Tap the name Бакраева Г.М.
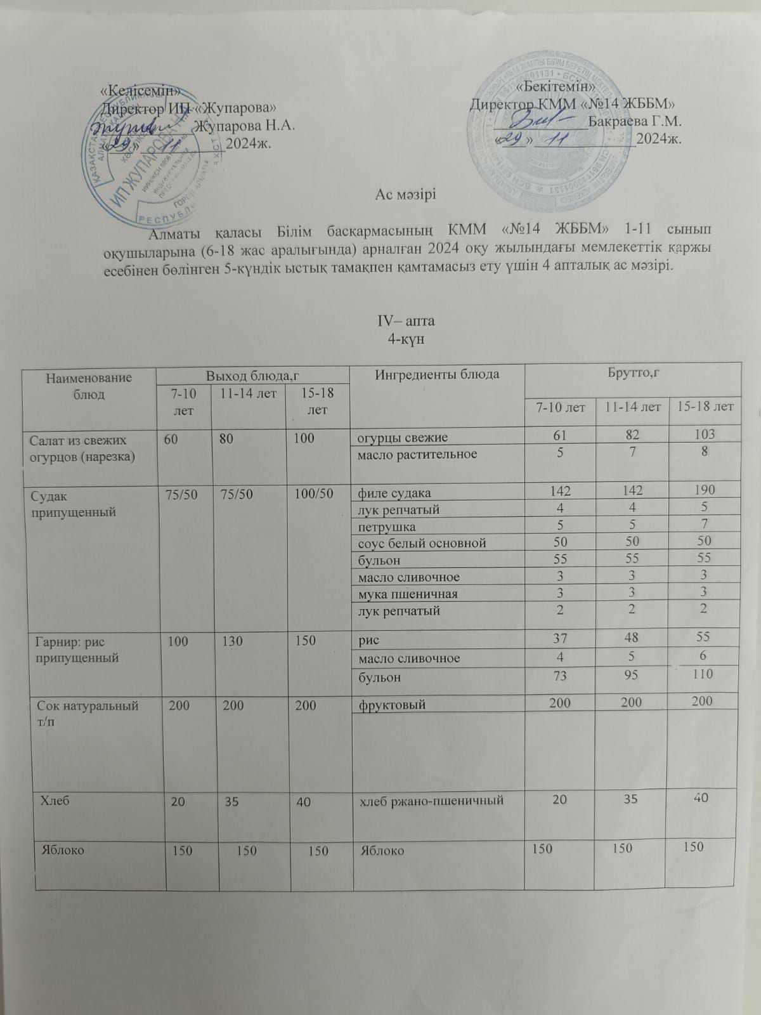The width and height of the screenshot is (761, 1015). point(634,121)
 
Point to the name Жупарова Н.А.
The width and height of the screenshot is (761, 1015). point(245,126)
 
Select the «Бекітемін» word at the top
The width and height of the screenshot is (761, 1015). point(556,86)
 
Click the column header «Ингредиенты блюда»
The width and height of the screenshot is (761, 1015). point(437,374)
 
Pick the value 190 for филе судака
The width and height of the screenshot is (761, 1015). point(704,490)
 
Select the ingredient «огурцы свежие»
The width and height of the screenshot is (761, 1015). point(403,437)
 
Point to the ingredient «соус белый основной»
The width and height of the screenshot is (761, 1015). point(422,543)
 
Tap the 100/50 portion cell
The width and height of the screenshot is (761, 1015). point(314,493)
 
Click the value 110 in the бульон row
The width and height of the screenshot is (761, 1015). point(703,674)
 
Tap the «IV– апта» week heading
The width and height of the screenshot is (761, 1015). point(406,320)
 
